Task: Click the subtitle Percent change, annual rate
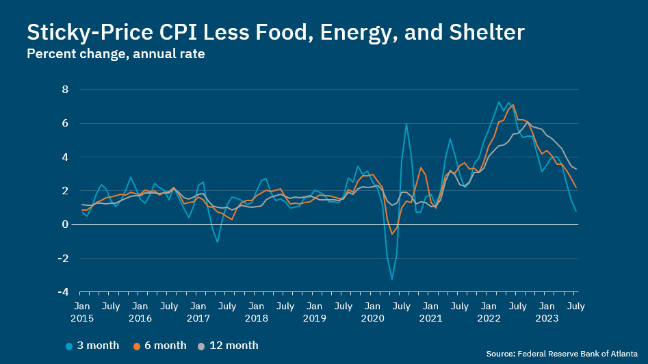[x=116, y=54]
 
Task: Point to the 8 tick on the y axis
[x=66, y=90]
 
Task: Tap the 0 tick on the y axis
[x=66, y=224]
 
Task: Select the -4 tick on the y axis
[x=63, y=292]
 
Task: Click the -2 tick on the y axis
[x=63, y=259]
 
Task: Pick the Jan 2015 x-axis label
[x=81, y=312]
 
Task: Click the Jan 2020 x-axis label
[x=373, y=312]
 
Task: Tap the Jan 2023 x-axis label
[x=547, y=312]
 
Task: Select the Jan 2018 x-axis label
[x=256, y=312]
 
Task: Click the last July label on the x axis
[x=577, y=307]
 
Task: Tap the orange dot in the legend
[x=137, y=346]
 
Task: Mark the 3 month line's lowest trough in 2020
[x=392, y=278]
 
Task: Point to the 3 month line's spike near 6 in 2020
[x=406, y=124]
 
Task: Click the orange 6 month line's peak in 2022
[x=513, y=105]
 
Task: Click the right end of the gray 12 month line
[x=577, y=169]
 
